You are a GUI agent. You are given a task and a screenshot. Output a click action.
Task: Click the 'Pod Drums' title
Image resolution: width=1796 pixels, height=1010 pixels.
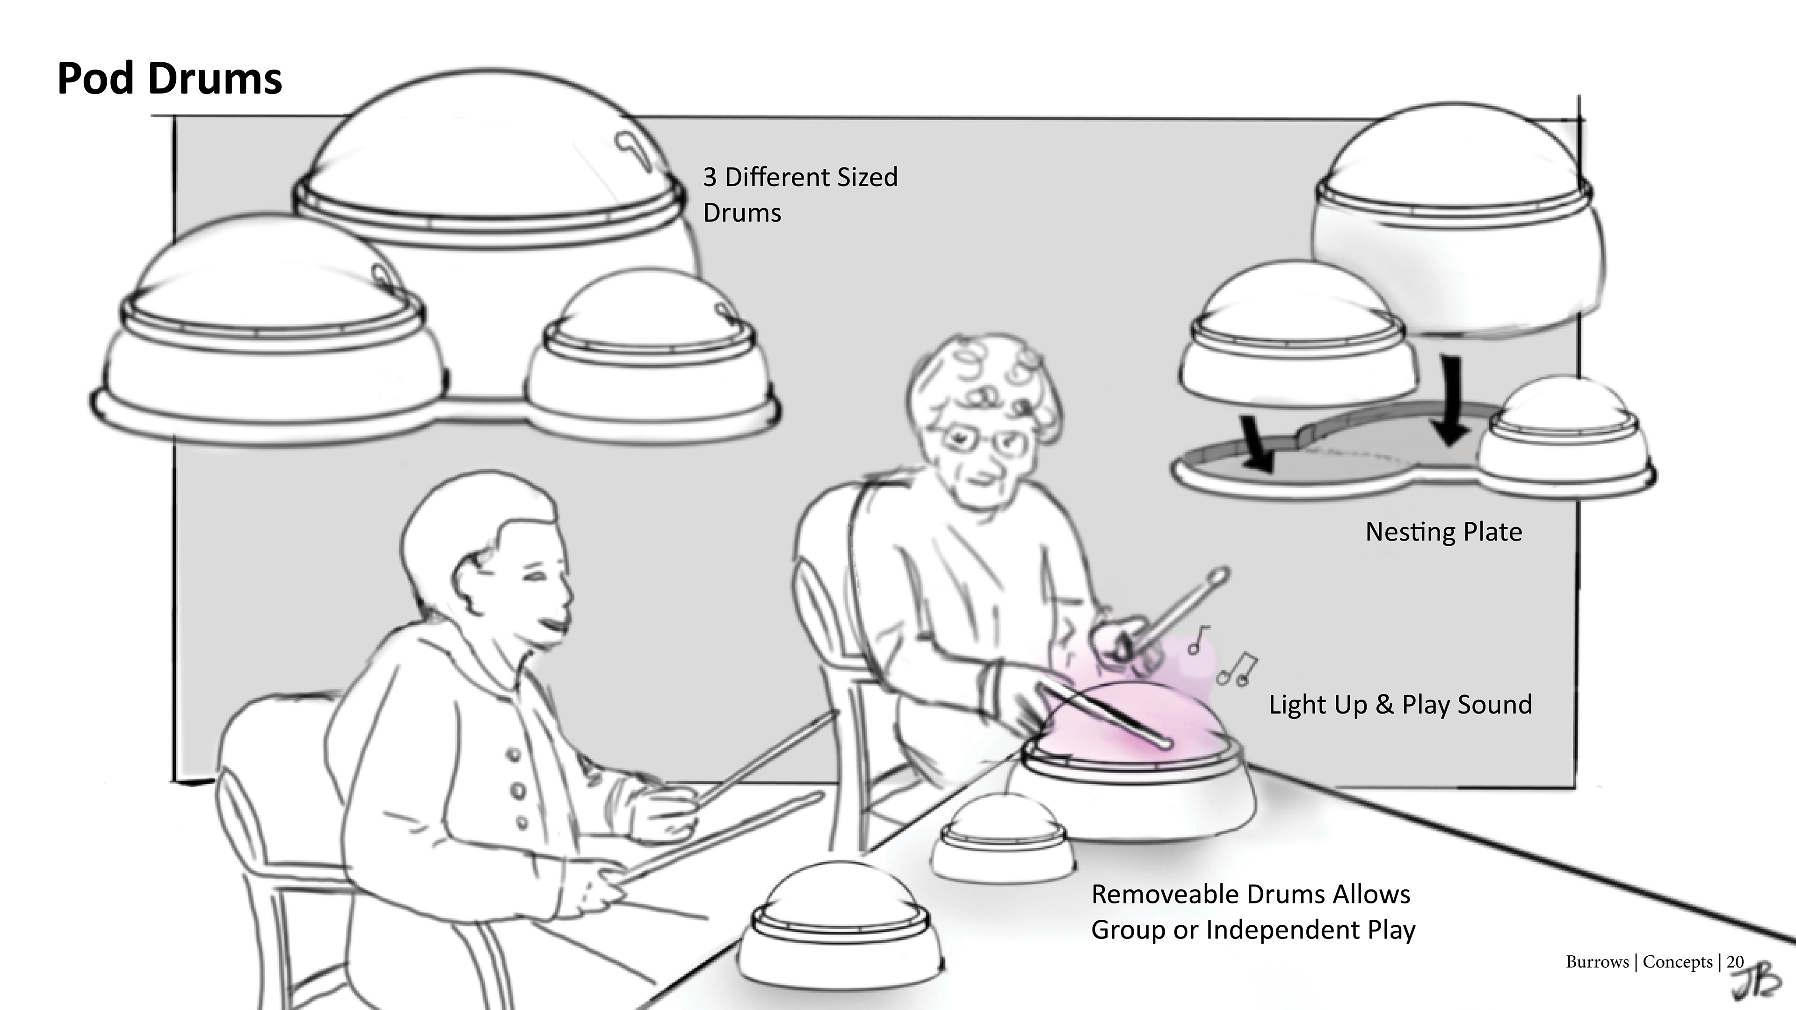[169, 78]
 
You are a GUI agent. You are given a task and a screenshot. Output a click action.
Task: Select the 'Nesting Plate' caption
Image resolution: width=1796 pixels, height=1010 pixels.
[1443, 532]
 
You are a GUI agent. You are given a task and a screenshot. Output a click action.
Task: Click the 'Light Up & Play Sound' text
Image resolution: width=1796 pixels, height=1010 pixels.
[1400, 705]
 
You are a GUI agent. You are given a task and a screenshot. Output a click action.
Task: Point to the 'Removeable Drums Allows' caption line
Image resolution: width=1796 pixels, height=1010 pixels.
[1251, 895]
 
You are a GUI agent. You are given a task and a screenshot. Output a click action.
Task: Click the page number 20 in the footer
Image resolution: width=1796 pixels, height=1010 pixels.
[1735, 962]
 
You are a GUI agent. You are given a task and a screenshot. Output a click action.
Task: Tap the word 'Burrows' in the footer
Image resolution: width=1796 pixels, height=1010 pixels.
[1597, 962]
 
